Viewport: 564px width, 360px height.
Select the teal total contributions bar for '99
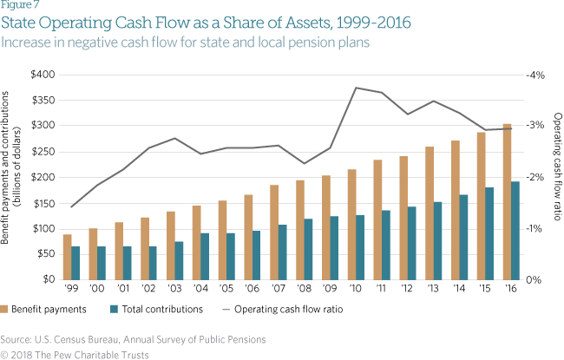click(75, 263)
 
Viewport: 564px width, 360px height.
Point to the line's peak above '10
click(356, 88)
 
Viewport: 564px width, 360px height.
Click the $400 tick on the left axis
click(43, 75)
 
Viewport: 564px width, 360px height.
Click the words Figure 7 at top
click(19, 7)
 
